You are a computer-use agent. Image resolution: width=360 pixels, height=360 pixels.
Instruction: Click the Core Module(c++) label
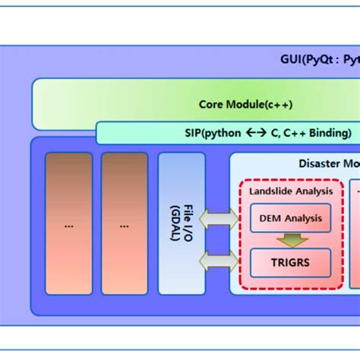pos(245,105)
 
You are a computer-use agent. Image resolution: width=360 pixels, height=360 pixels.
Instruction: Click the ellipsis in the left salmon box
pos(69,226)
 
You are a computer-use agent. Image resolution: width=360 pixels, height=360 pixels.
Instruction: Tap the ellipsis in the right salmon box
pos(125,226)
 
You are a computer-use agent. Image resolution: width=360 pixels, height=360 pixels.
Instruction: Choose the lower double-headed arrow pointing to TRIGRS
pos(218,262)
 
